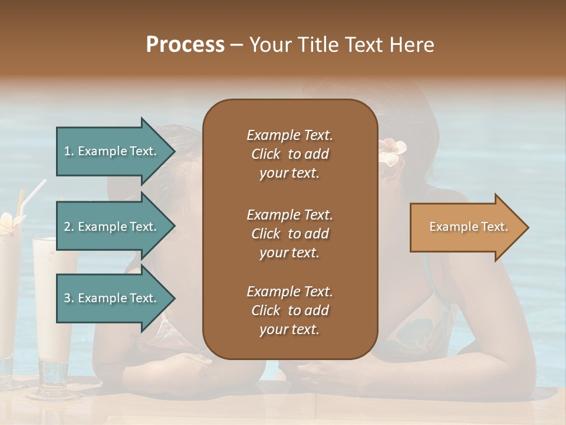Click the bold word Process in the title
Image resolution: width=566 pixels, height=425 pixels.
(x=185, y=45)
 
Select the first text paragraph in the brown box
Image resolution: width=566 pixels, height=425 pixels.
(x=289, y=154)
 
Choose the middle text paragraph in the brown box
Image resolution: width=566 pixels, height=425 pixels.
(x=289, y=234)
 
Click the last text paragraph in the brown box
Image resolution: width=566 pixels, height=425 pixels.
(x=289, y=310)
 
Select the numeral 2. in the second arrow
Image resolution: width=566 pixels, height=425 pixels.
(x=69, y=227)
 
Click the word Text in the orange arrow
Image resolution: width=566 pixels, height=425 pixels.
(x=494, y=227)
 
